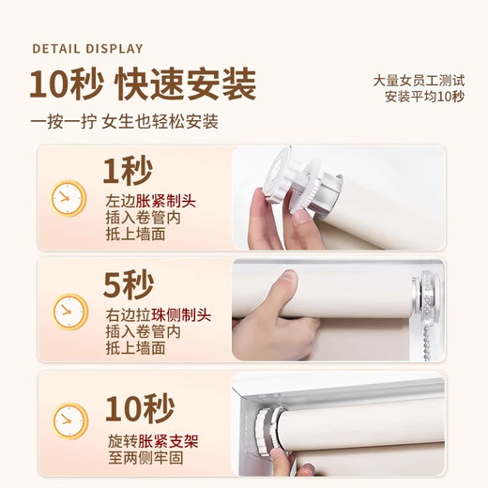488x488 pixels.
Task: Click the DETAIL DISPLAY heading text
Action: pos(87,49)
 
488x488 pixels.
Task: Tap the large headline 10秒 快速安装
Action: pos(142,84)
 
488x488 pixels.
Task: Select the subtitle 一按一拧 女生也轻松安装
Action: pos(124,122)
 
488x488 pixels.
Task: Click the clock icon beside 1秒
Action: pos(69,198)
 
